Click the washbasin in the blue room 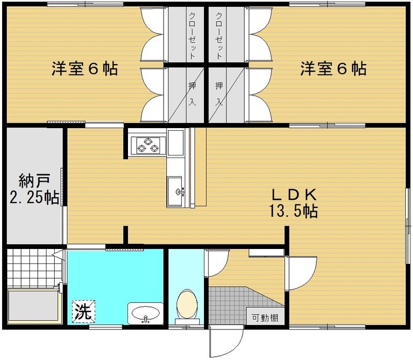(x=145, y=313)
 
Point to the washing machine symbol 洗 (x=81, y=312)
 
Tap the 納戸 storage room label (x=34, y=182)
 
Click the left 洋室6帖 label (x=84, y=69)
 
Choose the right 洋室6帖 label (x=333, y=69)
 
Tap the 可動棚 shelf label (x=264, y=318)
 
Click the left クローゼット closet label (x=192, y=35)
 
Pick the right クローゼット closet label (x=220, y=35)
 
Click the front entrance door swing (x=226, y=341)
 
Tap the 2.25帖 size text (x=34, y=198)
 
